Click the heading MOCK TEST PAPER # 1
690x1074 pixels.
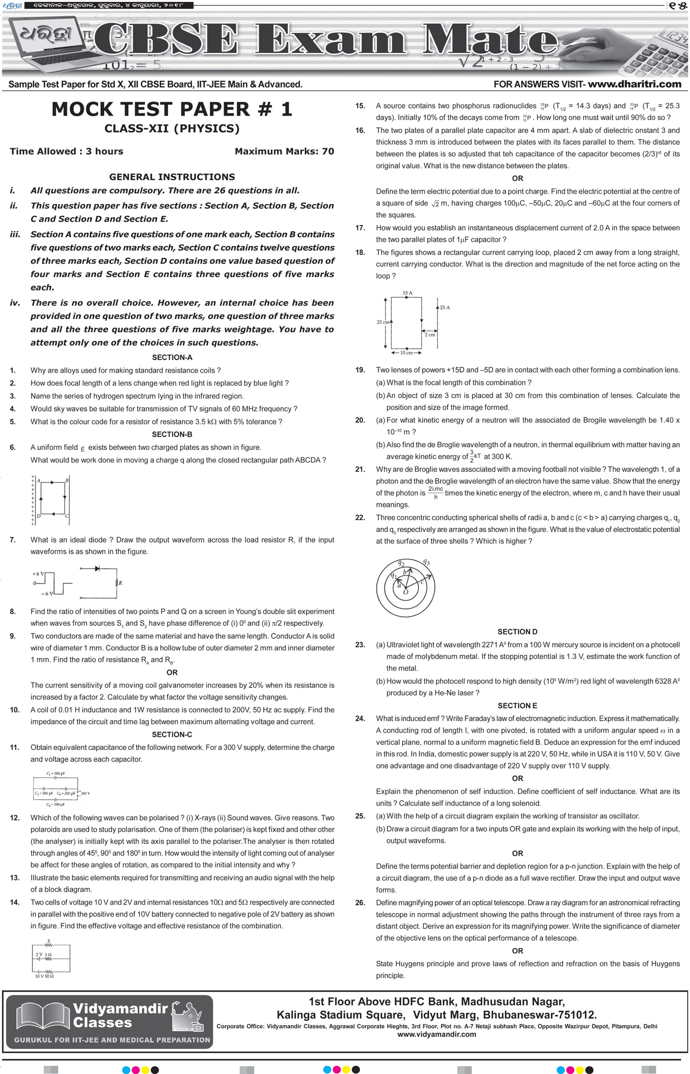tap(172, 110)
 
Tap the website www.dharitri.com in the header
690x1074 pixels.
tap(634, 84)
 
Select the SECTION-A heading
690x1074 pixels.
tap(172, 358)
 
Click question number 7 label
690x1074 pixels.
tap(12, 540)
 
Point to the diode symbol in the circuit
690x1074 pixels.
tap(97, 569)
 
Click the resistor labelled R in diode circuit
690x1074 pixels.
tap(117, 583)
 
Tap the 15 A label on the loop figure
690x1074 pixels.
tap(407, 293)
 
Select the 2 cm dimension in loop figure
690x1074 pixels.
tap(430, 335)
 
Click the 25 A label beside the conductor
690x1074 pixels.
tap(445, 307)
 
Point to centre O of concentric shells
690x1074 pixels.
tap(406, 592)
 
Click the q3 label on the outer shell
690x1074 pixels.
tap(426, 562)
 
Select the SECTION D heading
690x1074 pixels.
tap(517, 632)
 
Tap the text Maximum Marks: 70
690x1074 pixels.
tap(284, 151)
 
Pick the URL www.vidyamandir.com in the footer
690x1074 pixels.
tap(437, 1034)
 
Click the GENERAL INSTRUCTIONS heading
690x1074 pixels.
tap(172, 177)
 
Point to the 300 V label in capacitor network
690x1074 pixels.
tap(85, 793)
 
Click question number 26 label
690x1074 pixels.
tap(360, 903)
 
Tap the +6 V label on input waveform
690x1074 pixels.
tap(38, 574)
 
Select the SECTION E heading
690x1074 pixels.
tap(517, 705)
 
